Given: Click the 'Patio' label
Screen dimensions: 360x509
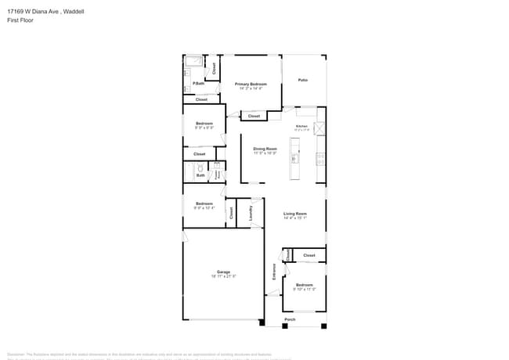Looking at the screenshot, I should click(x=302, y=80).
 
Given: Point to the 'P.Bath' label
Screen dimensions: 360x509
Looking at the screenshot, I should click(x=199, y=83).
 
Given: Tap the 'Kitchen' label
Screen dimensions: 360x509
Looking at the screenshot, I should click(x=301, y=126).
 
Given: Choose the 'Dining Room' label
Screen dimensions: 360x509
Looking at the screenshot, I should click(x=265, y=149).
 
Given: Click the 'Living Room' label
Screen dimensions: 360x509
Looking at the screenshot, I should click(x=294, y=214).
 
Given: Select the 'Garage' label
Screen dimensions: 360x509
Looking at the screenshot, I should click(x=223, y=272).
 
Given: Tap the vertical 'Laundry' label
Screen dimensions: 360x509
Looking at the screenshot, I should click(x=251, y=212).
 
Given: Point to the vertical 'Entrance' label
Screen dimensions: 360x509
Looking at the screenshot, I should click(x=274, y=272).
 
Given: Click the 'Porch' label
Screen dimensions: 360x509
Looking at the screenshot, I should click(x=290, y=320).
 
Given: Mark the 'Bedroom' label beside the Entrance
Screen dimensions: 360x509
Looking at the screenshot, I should click(x=304, y=285).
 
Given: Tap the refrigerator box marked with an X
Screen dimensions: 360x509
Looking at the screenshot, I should click(x=319, y=128).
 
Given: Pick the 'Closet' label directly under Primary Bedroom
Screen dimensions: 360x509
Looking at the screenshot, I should click(x=253, y=117).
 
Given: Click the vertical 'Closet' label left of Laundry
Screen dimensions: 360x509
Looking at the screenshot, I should click(x=231, y=212).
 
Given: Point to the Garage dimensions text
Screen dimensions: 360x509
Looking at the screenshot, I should click(x=223, y=277).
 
